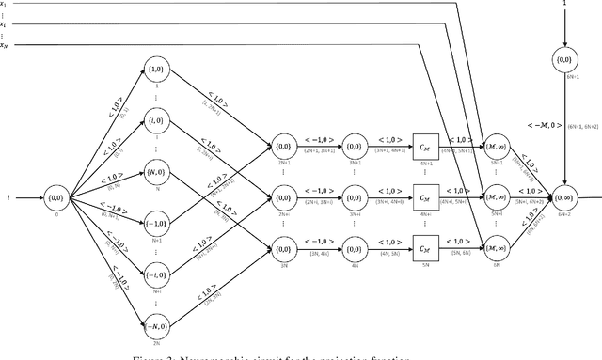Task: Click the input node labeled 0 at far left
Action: coord(56,199)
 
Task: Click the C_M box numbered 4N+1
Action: coord(425,146)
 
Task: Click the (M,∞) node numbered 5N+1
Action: coord(496,146)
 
